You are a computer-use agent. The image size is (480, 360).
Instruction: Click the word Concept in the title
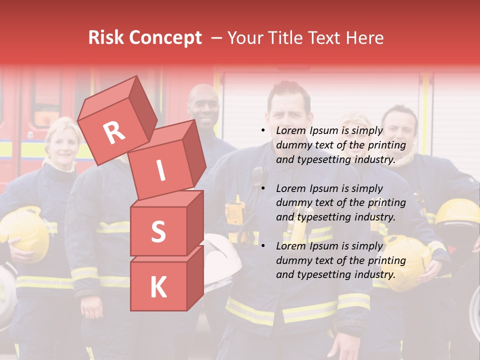[x=165, y=38]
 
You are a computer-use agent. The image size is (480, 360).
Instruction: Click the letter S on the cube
[x=158, y=231]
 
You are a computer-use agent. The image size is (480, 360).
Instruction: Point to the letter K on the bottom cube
[x=158, y=287]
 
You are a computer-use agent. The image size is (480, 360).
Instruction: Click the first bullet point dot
[x=263, y=131]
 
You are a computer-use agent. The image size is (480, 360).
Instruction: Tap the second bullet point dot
[x=263, y=188]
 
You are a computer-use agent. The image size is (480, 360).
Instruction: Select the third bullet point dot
[x=263, y=246]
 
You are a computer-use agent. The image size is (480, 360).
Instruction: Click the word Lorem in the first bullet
[x=290, y=131]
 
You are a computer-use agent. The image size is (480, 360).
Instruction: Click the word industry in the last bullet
[x=374, y=274]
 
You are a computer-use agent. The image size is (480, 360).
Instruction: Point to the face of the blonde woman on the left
[x=62, y=145]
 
